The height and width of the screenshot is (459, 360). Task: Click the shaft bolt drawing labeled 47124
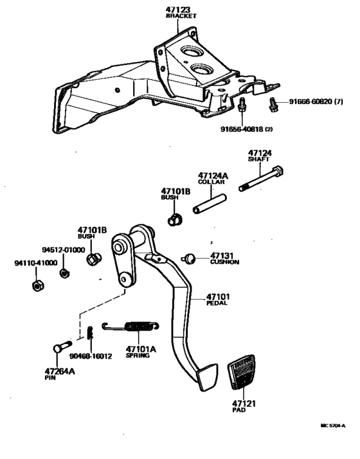(263, 181)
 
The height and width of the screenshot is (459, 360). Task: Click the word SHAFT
(259, 160)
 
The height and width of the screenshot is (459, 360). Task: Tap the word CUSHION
(224, 262)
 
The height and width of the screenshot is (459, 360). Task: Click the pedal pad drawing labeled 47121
(242, 377)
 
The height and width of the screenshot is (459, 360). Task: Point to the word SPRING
(138, 355)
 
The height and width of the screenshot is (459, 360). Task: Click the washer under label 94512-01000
(64, 273)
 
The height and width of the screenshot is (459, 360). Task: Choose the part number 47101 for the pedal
(217, 296)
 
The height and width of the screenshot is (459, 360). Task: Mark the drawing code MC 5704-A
(333, 426)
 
